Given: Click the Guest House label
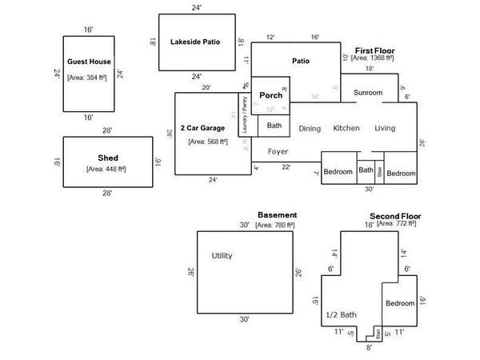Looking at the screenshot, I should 89,62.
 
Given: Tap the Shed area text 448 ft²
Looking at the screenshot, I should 107,170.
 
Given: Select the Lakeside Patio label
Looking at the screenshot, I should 195,42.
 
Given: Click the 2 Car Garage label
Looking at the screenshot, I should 202,128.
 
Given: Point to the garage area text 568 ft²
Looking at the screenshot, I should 208,142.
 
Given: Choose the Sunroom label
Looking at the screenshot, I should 368,93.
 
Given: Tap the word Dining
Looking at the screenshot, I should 310,129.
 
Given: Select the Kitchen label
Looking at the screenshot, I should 346,129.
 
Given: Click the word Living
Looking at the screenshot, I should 385,129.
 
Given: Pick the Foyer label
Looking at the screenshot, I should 278,151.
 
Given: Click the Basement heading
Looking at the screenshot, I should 277,215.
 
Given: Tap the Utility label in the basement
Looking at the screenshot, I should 222,256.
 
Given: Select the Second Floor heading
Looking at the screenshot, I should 394,216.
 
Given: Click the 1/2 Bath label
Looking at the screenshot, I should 341,315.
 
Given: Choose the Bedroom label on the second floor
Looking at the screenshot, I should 400,303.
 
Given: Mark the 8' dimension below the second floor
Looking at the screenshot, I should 369,348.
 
